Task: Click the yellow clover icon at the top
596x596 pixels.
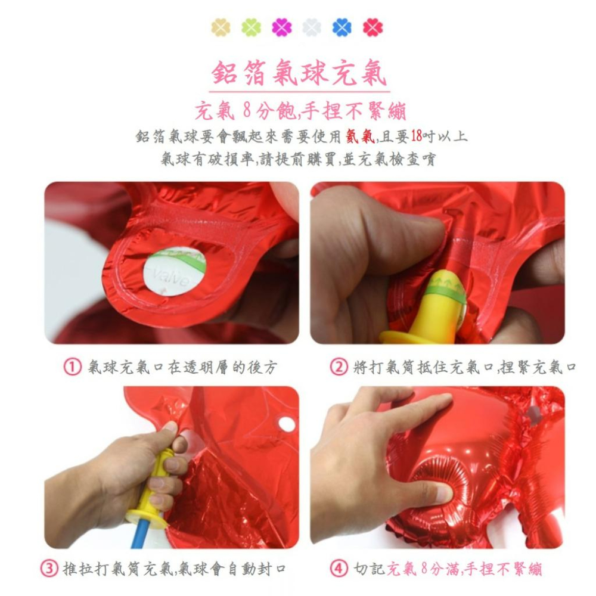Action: [x=221, y=27]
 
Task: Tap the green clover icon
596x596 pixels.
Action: [x=251, y=27]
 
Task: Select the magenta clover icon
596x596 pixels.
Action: [x=282, y=27]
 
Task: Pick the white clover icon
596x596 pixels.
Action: [x=312, y=27]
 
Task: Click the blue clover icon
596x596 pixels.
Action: [x=342, y=27]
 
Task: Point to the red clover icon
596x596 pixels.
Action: [x=373, y=27]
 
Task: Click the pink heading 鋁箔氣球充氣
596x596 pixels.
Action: [x=300, y=73]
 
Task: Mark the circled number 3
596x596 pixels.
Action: [x=49, y=569]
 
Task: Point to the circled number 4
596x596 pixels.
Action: [x=339, y=569]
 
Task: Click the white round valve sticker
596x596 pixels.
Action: [x=175, y=272]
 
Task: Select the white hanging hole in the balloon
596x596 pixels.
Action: [x=287, y=424]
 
